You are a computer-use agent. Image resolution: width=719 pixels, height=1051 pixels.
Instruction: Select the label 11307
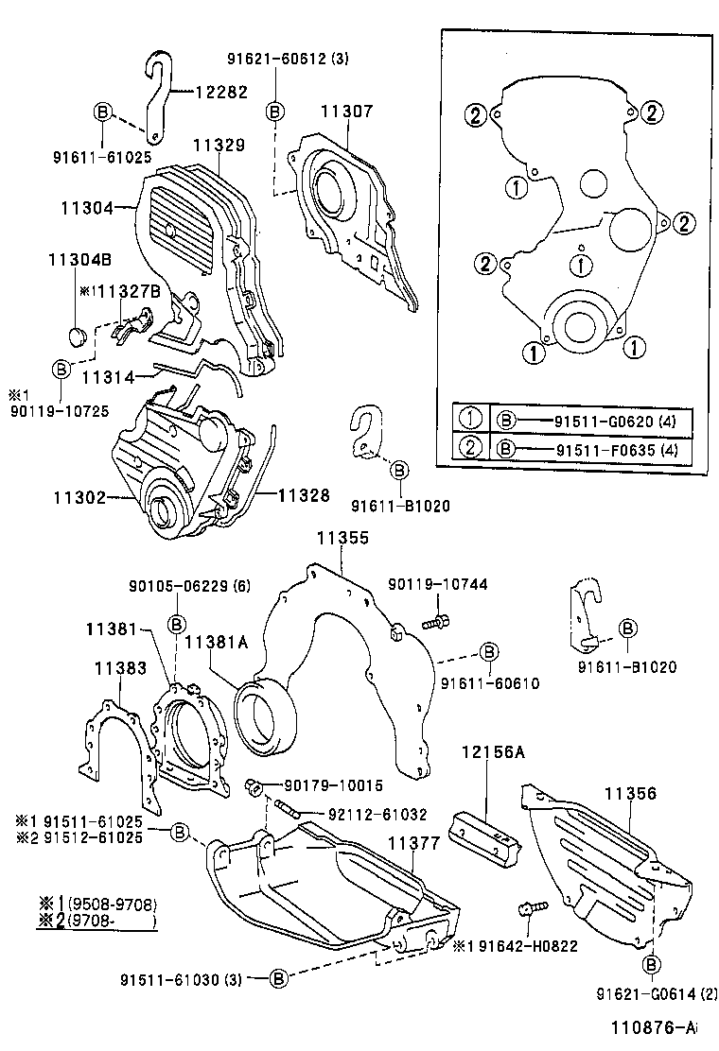coord(345,112)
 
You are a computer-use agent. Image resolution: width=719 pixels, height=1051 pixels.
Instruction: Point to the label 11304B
coord(79,259)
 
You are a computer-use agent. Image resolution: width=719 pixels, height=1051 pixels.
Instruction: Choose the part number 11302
coord(79,495)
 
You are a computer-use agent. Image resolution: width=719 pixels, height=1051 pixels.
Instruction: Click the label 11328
coord(304,494)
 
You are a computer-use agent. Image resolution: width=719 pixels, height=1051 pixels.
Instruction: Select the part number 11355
coord(342,538)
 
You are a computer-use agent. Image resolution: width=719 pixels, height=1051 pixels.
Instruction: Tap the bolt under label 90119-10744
coord(436,621)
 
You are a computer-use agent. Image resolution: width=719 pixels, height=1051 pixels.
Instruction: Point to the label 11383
coord(120,668)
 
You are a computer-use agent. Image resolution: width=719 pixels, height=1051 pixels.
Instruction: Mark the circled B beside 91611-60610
coord(489,652)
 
